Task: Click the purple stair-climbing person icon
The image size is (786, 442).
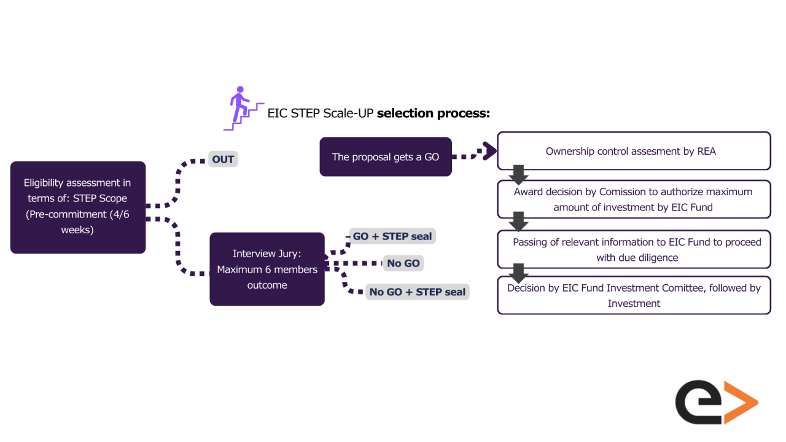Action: click(242, 109)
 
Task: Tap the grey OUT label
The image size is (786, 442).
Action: click(223, 159)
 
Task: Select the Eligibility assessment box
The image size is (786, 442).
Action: click(78, 207)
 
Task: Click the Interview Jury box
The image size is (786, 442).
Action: click(267, 269)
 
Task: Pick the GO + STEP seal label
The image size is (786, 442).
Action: click(392, 236)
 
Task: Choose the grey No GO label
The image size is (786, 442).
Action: click(403, 263)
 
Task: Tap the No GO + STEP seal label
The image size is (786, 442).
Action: click(418, 292)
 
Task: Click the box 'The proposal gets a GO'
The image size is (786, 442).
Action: click(386, 157)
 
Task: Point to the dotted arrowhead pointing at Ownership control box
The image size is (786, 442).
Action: click(489, 151)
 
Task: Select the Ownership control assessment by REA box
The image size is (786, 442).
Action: click(634, 151)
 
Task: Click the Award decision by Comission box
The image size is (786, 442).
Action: click(634, 199)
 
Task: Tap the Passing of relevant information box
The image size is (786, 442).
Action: click(634, 249)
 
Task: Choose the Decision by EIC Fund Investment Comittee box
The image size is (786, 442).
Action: click(634, 295)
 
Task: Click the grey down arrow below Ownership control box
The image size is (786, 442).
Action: click(519, 174)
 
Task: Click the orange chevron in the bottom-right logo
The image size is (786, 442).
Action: click(741, 403)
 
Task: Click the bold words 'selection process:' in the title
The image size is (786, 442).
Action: click(433, 114)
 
